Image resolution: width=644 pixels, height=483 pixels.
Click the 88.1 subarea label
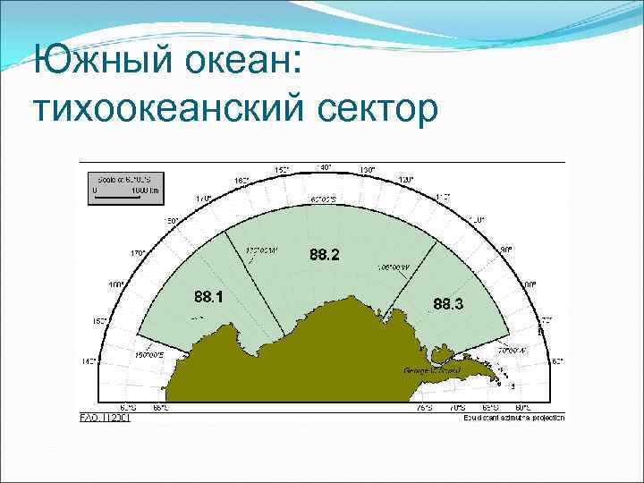(x=208, y=296)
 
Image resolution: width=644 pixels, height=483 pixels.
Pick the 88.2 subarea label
(x=325, y=256)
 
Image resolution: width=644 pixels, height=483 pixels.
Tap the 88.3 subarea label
(x=448, y=305)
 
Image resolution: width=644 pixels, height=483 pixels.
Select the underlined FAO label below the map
(x=105, y=417)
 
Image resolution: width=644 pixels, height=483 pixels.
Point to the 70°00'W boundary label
(x=517, y=351)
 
